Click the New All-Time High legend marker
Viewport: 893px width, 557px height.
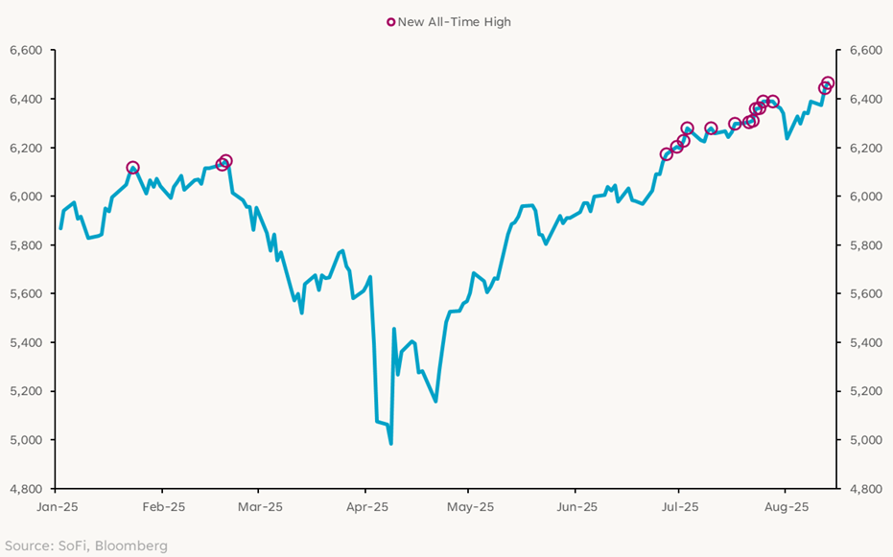point(390,22)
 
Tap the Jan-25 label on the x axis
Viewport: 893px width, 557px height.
point(57,506)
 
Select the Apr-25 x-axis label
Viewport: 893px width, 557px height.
point(365,506)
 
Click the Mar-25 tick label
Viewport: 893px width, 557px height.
point(261,506)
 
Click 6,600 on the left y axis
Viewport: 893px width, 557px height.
point(26,50)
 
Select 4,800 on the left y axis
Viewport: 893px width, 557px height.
point(26,489)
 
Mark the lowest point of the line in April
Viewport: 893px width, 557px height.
point(391,443)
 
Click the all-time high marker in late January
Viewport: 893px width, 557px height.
point(132,168)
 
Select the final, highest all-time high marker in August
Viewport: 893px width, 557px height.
point(828,83)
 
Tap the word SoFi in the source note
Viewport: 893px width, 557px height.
point(71,545)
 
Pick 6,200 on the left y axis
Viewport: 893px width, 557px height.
point(26,148)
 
